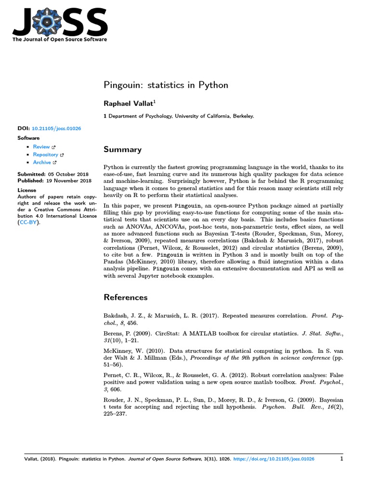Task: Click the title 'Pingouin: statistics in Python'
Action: [x=166, y=85]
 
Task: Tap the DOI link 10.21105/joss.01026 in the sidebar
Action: [x=56, y=129]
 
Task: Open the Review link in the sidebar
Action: [x=41, y=147]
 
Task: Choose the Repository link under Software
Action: [x=45, y=155]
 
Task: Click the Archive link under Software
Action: [x=42, y=162]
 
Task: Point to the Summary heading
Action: [x=123, y=150]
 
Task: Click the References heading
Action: [x=126, y=297]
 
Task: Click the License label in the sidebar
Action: [x=26, y=190]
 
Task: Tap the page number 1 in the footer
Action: [x=341, y=459]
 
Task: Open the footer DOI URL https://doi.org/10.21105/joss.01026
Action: [x=274, y=459]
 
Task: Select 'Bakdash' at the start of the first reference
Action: [x=116, y=316]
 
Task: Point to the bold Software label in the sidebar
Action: [x=28, y=138]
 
